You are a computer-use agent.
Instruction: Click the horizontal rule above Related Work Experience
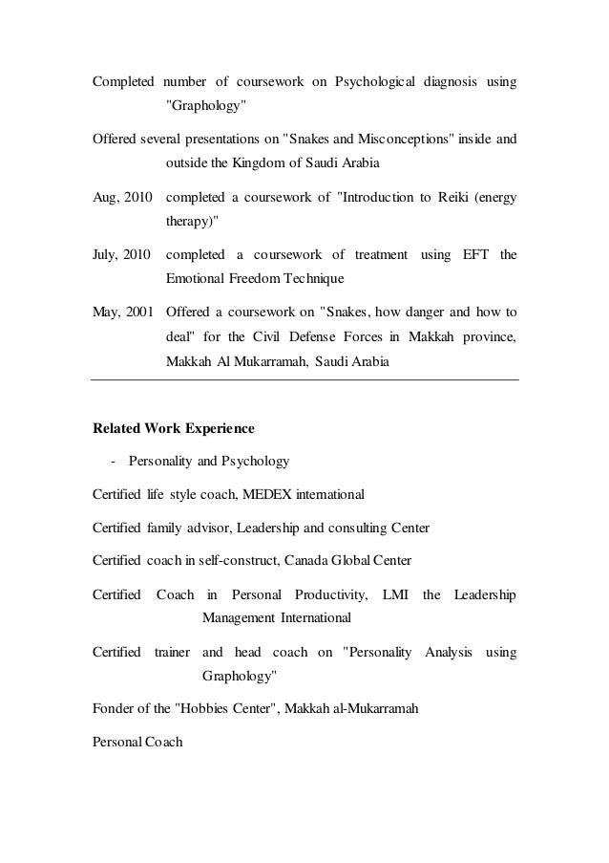coord(304,382)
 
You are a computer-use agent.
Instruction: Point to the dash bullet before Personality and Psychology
coord(114,462)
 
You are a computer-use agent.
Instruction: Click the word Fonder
coord(114,710)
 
